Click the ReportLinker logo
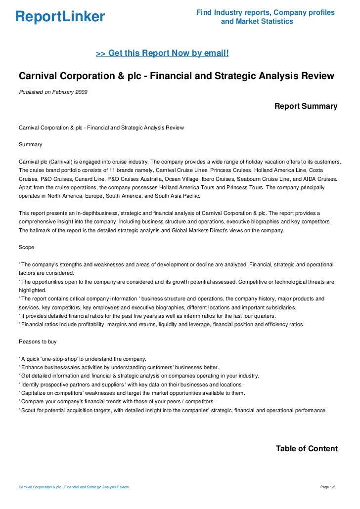(60, 17)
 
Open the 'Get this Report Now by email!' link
(162, 53)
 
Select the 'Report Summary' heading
(306, 106)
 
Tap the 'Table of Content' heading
(306, 449)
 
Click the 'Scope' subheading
(26, 247)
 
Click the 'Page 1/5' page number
(328, 487)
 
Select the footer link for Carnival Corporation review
(74, 487)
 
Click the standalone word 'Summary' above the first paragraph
(30, 145)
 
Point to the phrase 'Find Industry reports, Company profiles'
(265, 12)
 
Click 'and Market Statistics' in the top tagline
(257, 22)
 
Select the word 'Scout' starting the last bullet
(28, 410)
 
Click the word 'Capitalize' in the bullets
(34, 393)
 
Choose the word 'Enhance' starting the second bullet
(33, 367)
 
